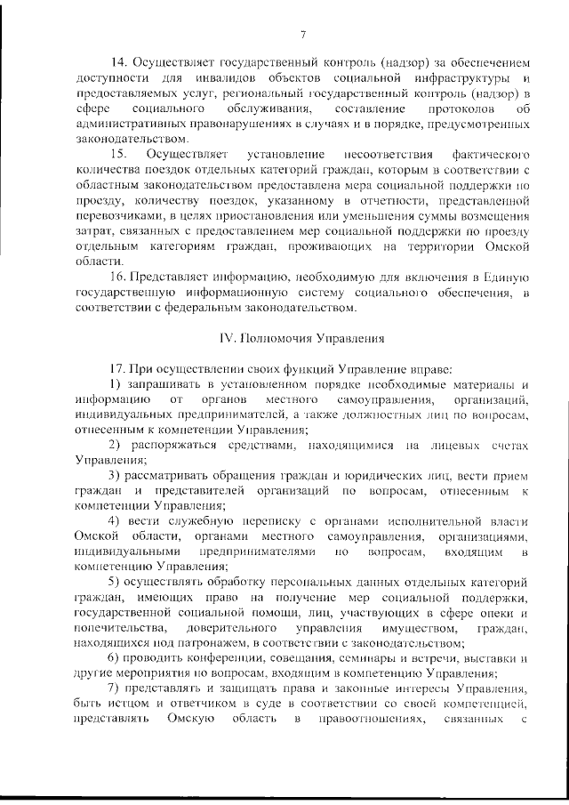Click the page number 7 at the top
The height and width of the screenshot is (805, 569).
click(x=302, y=35)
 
